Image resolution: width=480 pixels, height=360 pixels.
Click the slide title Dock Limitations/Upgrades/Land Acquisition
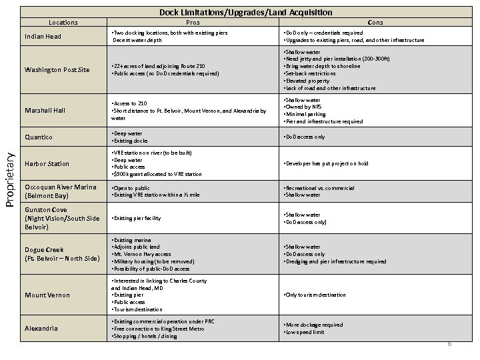[246, 13]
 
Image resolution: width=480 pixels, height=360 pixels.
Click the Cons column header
[375, 22]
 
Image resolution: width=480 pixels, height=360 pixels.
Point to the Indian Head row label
[44, 37]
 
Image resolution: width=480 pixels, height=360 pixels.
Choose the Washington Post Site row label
[57, 69]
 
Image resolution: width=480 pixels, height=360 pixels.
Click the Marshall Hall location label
[45, 110]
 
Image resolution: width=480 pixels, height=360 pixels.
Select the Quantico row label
[39, 137]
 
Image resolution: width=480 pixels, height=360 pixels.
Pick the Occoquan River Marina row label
[61, 191]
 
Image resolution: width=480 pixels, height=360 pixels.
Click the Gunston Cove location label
[61, 218]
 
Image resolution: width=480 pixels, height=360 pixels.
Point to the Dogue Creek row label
[61, 254]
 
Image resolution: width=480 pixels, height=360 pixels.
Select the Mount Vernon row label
[48, 295]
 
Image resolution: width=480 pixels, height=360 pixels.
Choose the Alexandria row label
[42, 328]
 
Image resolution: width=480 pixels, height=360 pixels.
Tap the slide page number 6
[449, 343]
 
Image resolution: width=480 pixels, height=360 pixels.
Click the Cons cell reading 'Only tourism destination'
[318, 295]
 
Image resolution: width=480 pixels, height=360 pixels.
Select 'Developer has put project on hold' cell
[327, 163]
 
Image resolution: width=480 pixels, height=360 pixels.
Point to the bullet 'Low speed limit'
[306, 332]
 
